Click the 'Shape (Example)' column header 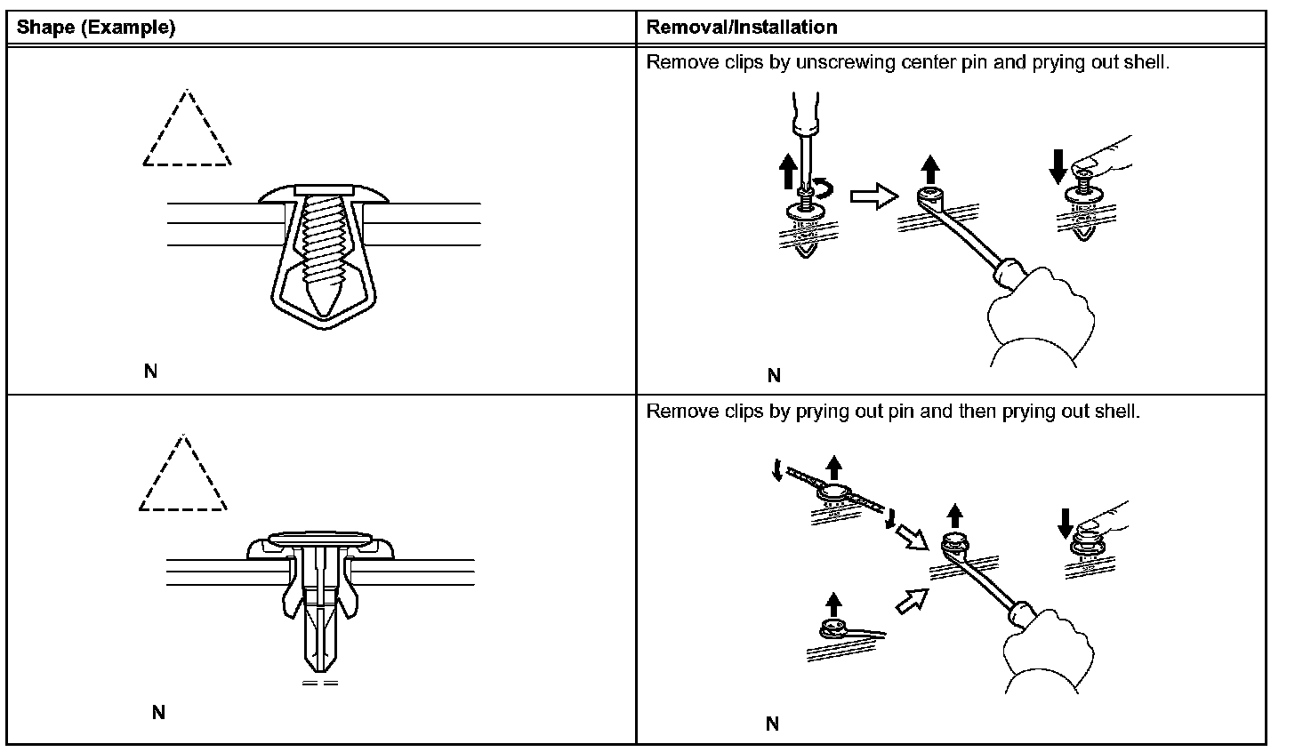coord(97,28)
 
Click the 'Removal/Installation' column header coord(741,28)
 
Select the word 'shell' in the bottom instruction coord(1117,412)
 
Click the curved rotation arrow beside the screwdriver coord(828,188)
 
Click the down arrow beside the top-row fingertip coord(1058,166)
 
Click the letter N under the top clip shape coord(150,372)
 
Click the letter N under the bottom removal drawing coord(772,724)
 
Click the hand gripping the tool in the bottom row coord(1050,653)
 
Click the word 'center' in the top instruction coord(927,63)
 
